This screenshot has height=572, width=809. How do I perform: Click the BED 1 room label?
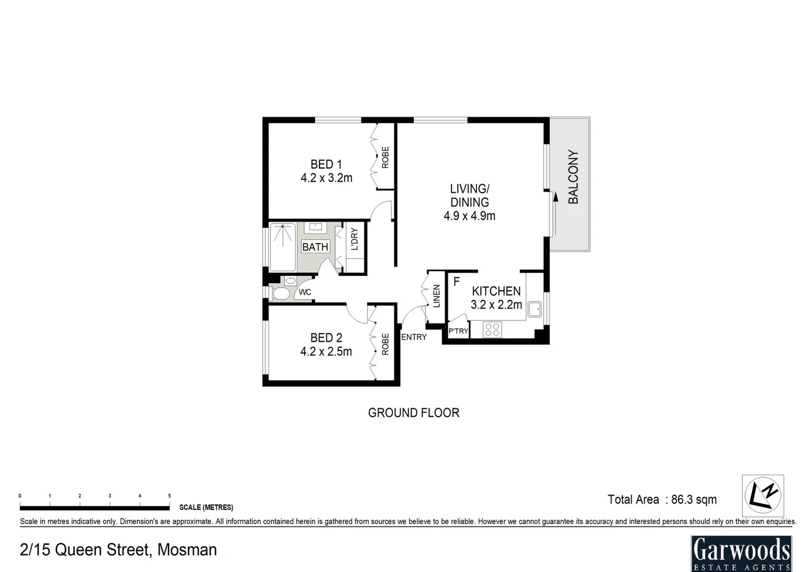[x=326, y=165]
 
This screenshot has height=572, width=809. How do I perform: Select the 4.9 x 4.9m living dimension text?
[x=469, y=216]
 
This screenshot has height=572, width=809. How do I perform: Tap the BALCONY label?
[x=573, y=177]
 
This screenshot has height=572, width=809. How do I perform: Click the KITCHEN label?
[x=496, y=291]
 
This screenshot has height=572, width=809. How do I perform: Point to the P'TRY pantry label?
[x=458, y=331]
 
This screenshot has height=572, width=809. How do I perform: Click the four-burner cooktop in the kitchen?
[x=492, y=329]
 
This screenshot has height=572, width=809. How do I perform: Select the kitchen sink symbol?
[x=534, y=309]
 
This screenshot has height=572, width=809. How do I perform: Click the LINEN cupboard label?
[x=437, y=296]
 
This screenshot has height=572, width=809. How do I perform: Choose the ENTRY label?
[x=414, y=337]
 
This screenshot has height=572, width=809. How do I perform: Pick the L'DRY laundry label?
[x=354, y=239]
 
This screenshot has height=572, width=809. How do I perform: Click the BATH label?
[x=315, y=247]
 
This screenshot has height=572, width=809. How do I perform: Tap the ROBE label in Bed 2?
[x=385, y=344]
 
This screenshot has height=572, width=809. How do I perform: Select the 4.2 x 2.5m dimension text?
[x=326, y=351]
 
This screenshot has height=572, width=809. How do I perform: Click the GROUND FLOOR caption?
[x=413, y=413]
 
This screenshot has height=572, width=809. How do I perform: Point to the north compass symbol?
[x=762, y=495]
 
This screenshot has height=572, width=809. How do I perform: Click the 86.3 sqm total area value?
[x=694, y=499]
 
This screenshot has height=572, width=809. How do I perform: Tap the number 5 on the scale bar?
[x=170, y=496]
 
